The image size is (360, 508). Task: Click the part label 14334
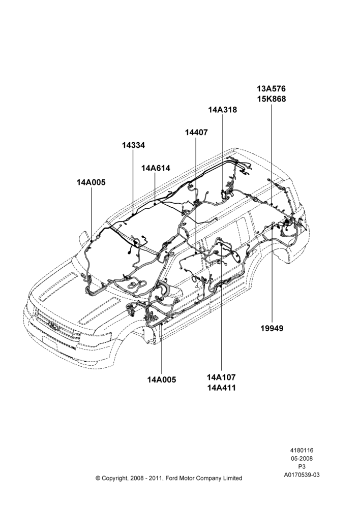(133, 145)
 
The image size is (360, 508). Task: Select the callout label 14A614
(156, 168)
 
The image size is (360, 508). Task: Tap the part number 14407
(196, 133)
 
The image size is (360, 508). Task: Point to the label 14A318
(223, 110)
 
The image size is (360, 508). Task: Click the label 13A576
(272, 88)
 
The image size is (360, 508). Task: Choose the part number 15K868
(272, 99)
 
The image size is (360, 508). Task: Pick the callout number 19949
(272, 328)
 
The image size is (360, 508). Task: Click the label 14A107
(221, 377)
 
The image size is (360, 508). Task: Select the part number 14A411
(221, 388)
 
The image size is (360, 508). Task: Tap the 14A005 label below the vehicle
(162, 379)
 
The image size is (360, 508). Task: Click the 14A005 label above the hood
(91, 182)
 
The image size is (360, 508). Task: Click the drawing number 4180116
(302, 450)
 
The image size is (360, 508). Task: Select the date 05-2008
(302, 458)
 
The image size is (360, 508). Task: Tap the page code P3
(302, 467)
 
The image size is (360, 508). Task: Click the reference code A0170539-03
(302, 475)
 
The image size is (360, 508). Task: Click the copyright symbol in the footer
(98, 478)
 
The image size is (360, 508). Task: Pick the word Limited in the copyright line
(232, 478)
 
